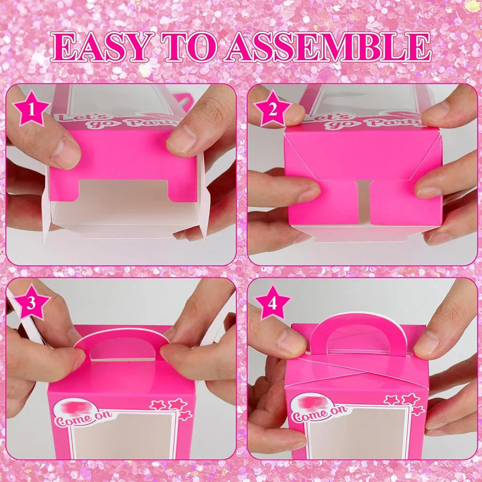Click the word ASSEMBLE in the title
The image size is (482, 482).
tap(328, 48)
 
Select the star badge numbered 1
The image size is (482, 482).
tap(31, 110)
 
